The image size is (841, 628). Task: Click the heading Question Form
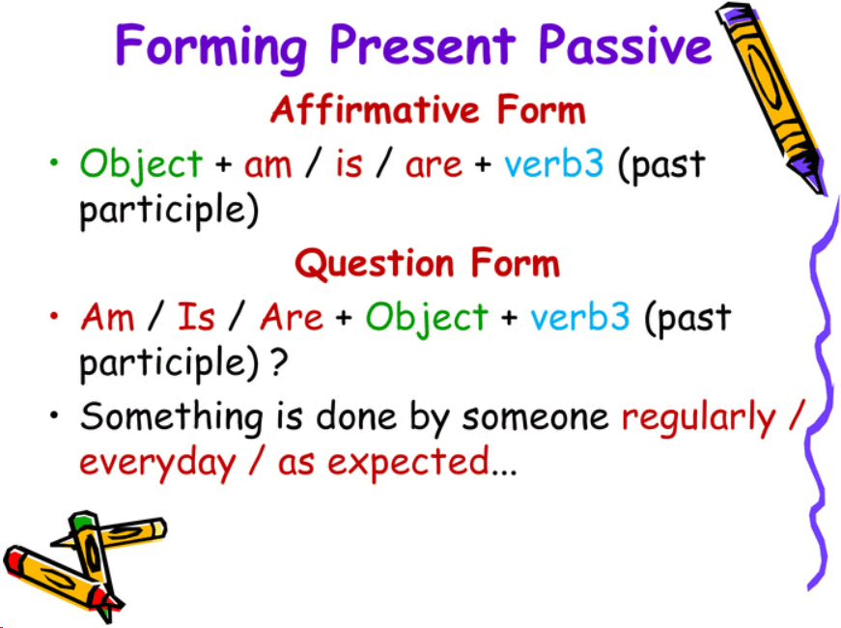pos(427,263)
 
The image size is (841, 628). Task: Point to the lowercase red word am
pos(267,165)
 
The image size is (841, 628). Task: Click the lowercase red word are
pos(434,165)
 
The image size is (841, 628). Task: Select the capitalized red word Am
pos(107,317)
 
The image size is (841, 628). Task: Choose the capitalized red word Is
pos(196,317)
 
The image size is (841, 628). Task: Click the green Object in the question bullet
pos(427,317)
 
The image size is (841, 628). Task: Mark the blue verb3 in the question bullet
pos(580,317)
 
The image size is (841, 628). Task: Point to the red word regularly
pos(698,418)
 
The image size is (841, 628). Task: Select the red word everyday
pos(157,463)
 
